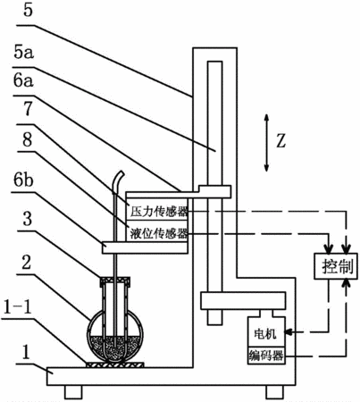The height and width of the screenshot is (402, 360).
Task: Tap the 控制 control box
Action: [x=336, y=266]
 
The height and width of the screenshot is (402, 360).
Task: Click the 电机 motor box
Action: [x=266, y=332]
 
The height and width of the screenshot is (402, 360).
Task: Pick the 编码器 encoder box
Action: [x=266, y=356]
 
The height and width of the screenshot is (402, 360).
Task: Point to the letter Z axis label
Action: [x=280, y=141]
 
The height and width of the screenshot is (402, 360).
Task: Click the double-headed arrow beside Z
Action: [x=266, y=143]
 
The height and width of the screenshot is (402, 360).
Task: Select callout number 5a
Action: [x=23, y=53]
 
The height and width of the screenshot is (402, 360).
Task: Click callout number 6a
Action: [x=23, y=80]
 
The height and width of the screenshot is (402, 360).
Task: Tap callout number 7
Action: [x=28, y=109]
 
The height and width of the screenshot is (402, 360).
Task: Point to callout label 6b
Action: [x=22, y=180]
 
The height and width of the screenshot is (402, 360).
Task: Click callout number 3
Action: [x=28, y=219]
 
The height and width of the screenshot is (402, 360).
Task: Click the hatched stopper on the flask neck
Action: [x=115, y=281]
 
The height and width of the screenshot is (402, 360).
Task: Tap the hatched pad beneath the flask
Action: [x=115, y=364]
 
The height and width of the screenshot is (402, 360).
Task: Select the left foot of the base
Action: [x=73, y=392]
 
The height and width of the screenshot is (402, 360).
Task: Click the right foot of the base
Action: [x=274, y=392]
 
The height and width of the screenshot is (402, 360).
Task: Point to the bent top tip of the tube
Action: [x=121, y=172]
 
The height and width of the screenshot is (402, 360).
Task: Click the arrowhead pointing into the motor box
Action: [x=289, y=331]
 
